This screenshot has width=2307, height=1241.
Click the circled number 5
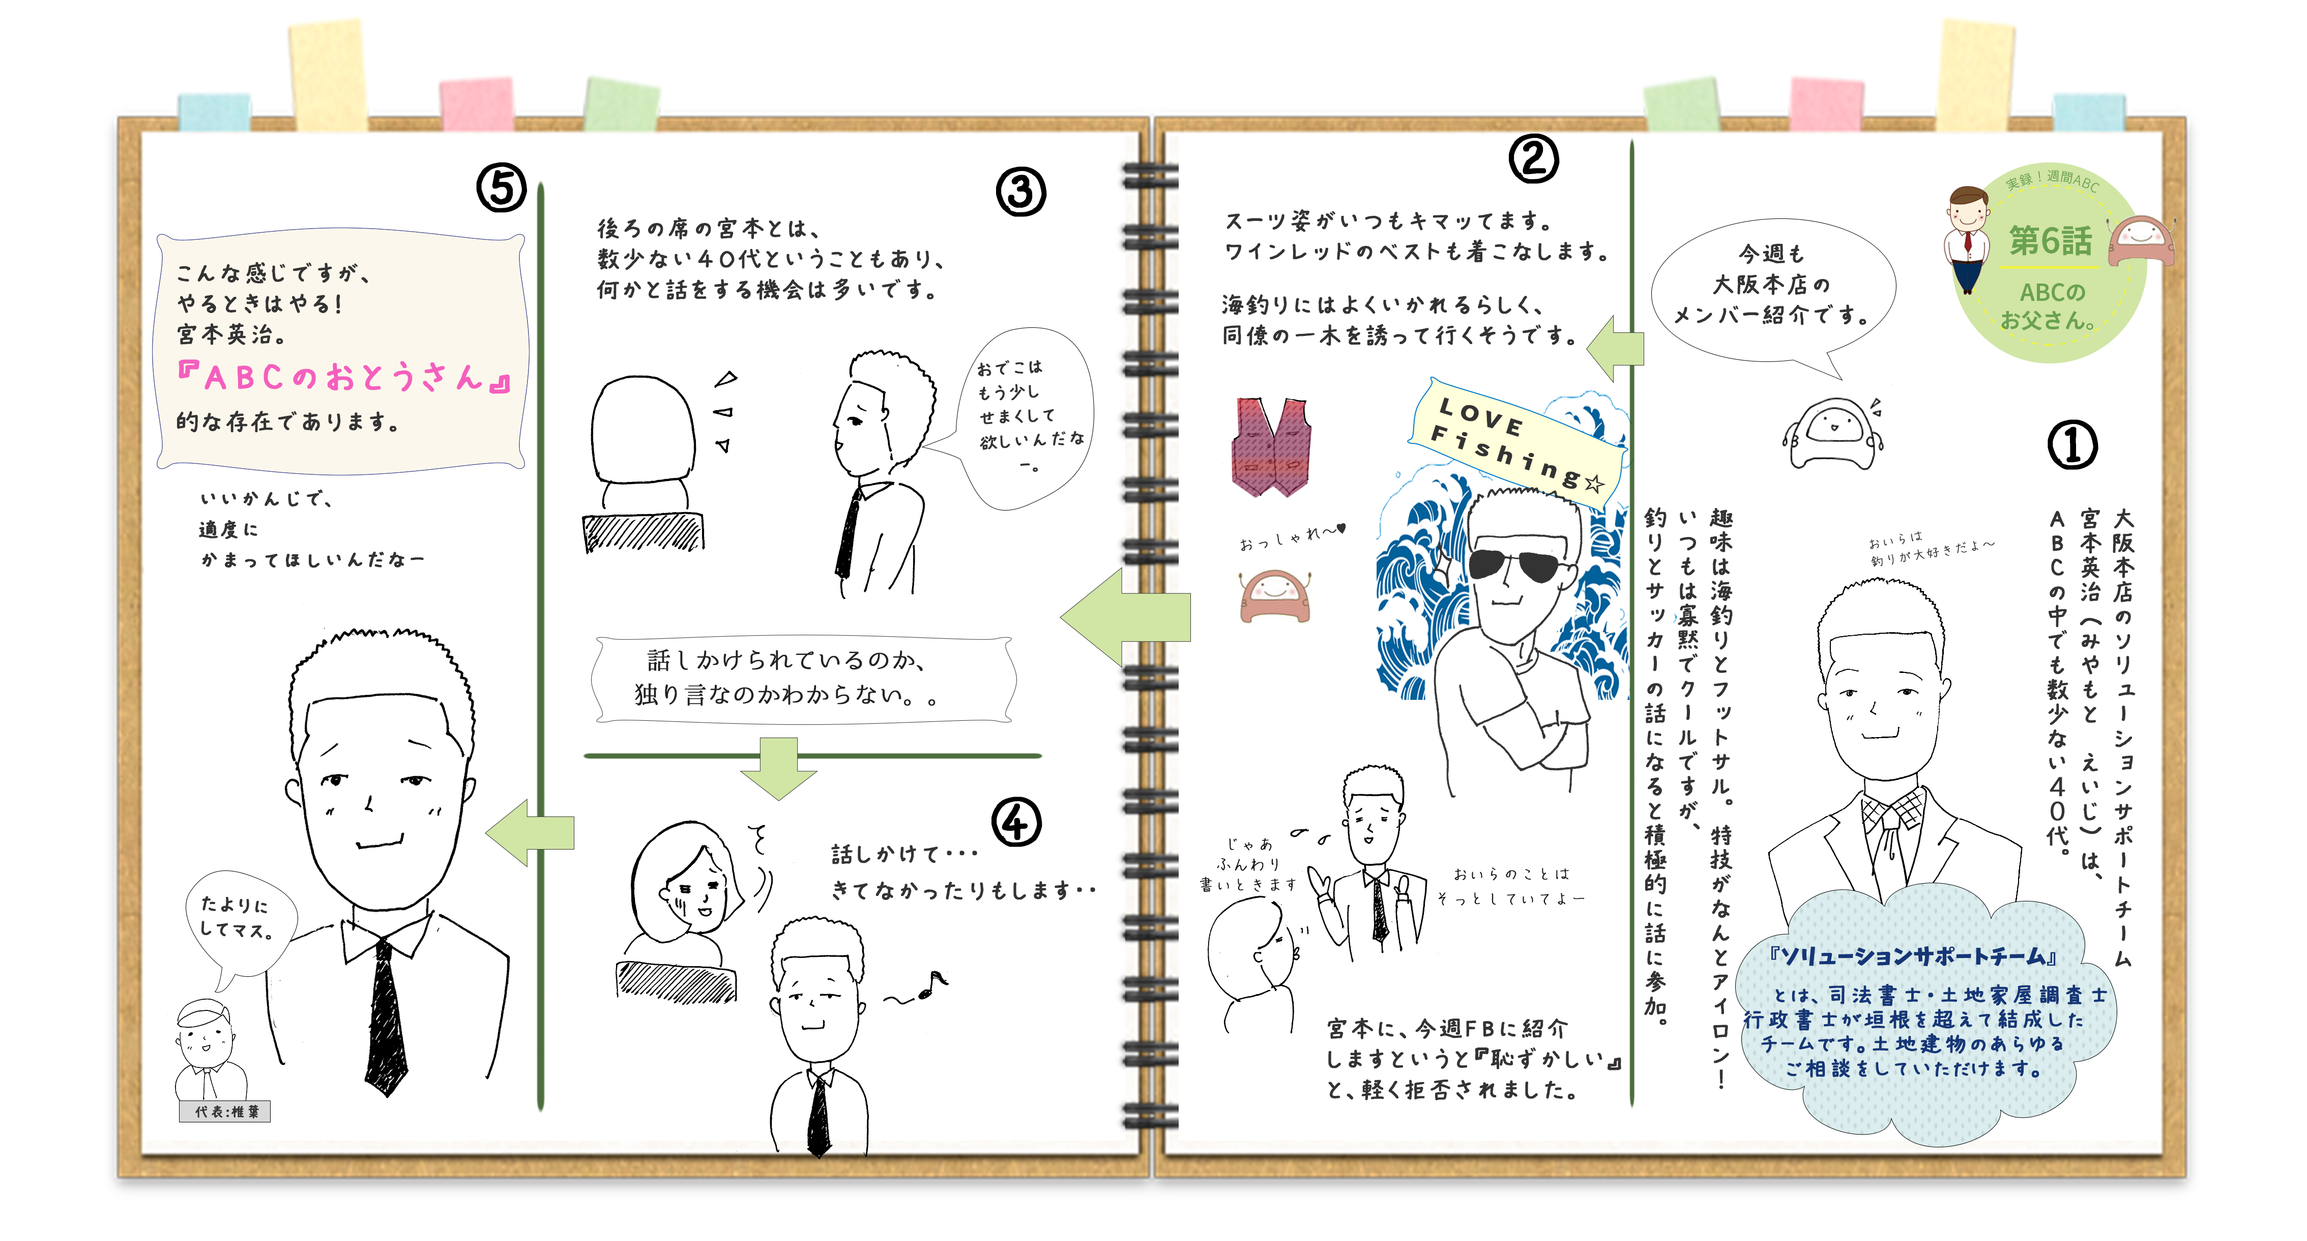pos(501,188)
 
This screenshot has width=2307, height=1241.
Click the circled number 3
pos(1020,192)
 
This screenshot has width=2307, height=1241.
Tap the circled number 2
pos(1533,159)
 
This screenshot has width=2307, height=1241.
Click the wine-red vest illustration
pos(1271,446)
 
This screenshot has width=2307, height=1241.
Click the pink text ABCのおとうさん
pos(344,377)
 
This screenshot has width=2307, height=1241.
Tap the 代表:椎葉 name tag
pos(225,1111)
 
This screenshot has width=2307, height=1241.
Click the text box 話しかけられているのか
pos(803,679)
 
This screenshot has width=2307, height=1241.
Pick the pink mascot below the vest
pos(1274,596)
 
